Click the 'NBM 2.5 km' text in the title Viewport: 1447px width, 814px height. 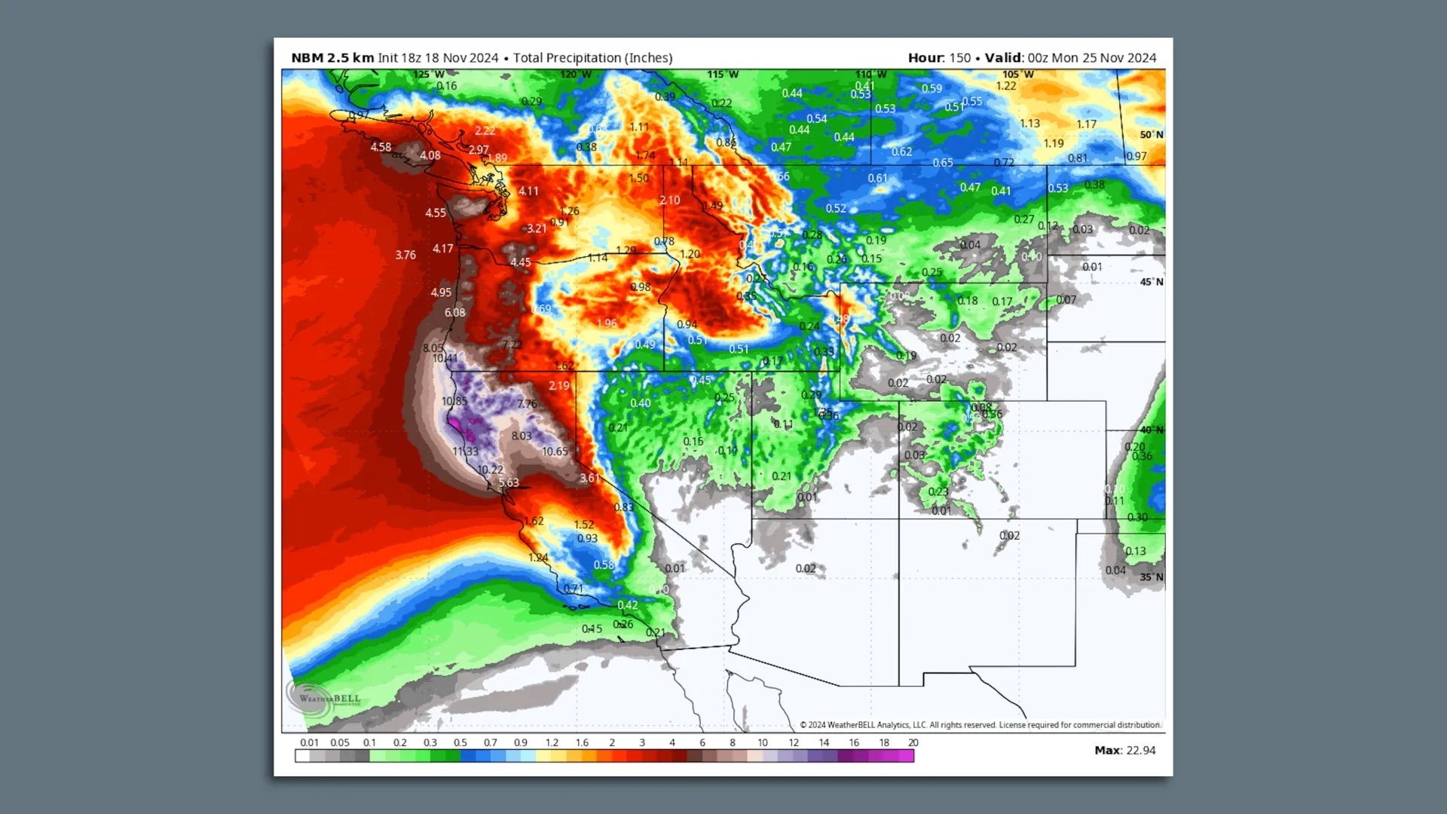[x=332, y=58]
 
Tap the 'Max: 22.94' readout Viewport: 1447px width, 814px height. [x=1124, y=750]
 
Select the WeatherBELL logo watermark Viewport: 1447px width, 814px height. [x=324, y=697]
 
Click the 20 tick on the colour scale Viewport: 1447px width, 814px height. [x=913, y=742]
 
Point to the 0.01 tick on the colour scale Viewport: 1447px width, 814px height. [x=309, y=742]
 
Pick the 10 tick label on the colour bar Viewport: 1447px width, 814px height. [x=762, y=742]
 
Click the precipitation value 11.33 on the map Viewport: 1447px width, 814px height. [x=465, y=451]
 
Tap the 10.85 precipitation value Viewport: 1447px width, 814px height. [x=454, y=401]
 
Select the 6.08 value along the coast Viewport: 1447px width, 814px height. [x=454, y=312]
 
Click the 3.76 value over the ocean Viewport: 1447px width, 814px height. [x=405, y=255]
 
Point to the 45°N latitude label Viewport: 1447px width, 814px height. [x=1151, y=282]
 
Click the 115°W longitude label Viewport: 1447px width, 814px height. [x=722, y=75]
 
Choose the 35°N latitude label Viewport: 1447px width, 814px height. [x=1151, y=577]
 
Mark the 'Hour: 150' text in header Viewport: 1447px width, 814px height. [x=939, y=58]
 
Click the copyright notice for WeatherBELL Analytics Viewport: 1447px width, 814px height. [x=980, y=725]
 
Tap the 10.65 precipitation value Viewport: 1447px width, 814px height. [x=555, y=451]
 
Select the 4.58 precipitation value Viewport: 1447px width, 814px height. [x=381, y=147]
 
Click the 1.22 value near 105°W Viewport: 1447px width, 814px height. [x=1006, y=86]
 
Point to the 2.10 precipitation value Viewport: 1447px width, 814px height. [x=669, y=200]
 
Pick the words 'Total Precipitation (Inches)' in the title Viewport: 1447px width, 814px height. [x=592, y=58]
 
